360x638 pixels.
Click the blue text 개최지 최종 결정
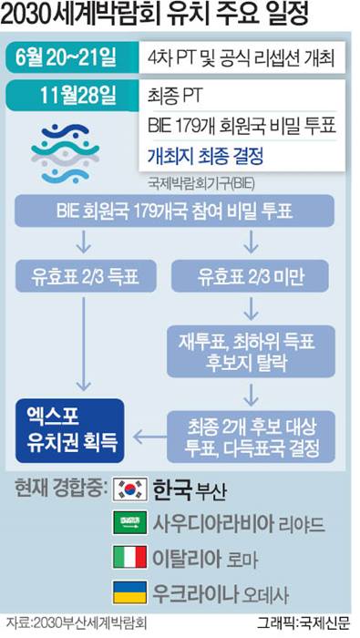pos(205,156)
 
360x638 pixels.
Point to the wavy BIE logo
pos(66,145)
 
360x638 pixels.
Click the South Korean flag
pos(129,490)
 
